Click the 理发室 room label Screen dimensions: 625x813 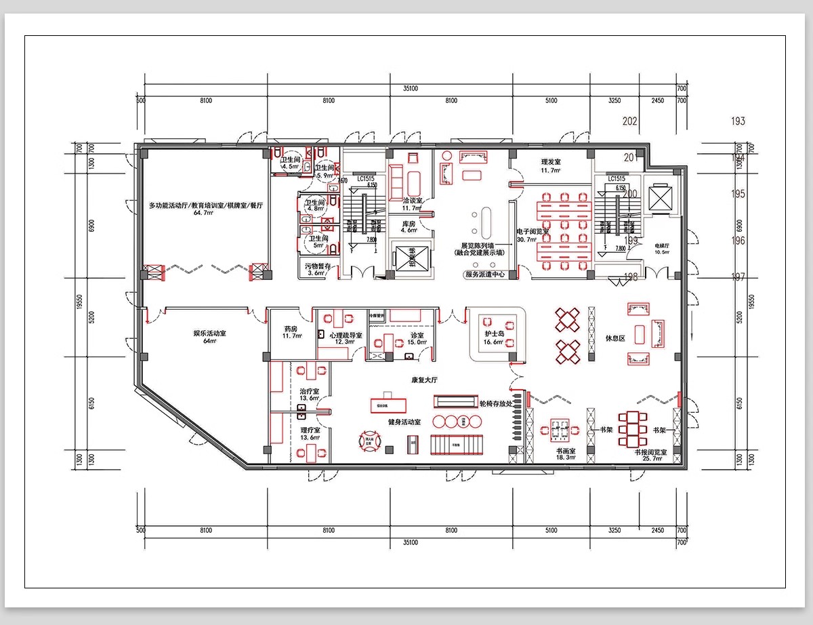551,162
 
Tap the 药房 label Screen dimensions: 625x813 291,329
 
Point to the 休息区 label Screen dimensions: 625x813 614,337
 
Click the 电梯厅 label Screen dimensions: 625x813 662,245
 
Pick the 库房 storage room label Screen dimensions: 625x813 409,223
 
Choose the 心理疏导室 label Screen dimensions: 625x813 346,335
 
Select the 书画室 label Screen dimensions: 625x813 566,450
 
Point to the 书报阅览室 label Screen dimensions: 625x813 650,451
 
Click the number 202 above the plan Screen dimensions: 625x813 629,121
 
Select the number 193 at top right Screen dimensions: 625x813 738,121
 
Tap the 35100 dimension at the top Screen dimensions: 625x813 410,88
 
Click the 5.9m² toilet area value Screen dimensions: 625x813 325,175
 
